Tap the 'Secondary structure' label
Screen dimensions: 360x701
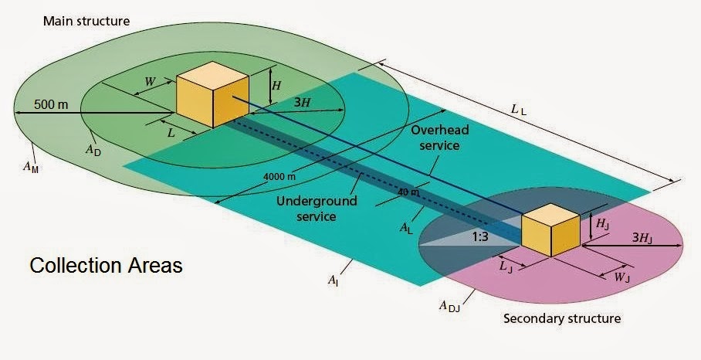[x=561, y=318]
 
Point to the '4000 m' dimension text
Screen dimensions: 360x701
[x=280, y=176]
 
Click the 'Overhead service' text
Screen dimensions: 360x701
[x=435, y=137]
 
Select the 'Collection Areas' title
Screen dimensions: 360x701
[x=106, y=266]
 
